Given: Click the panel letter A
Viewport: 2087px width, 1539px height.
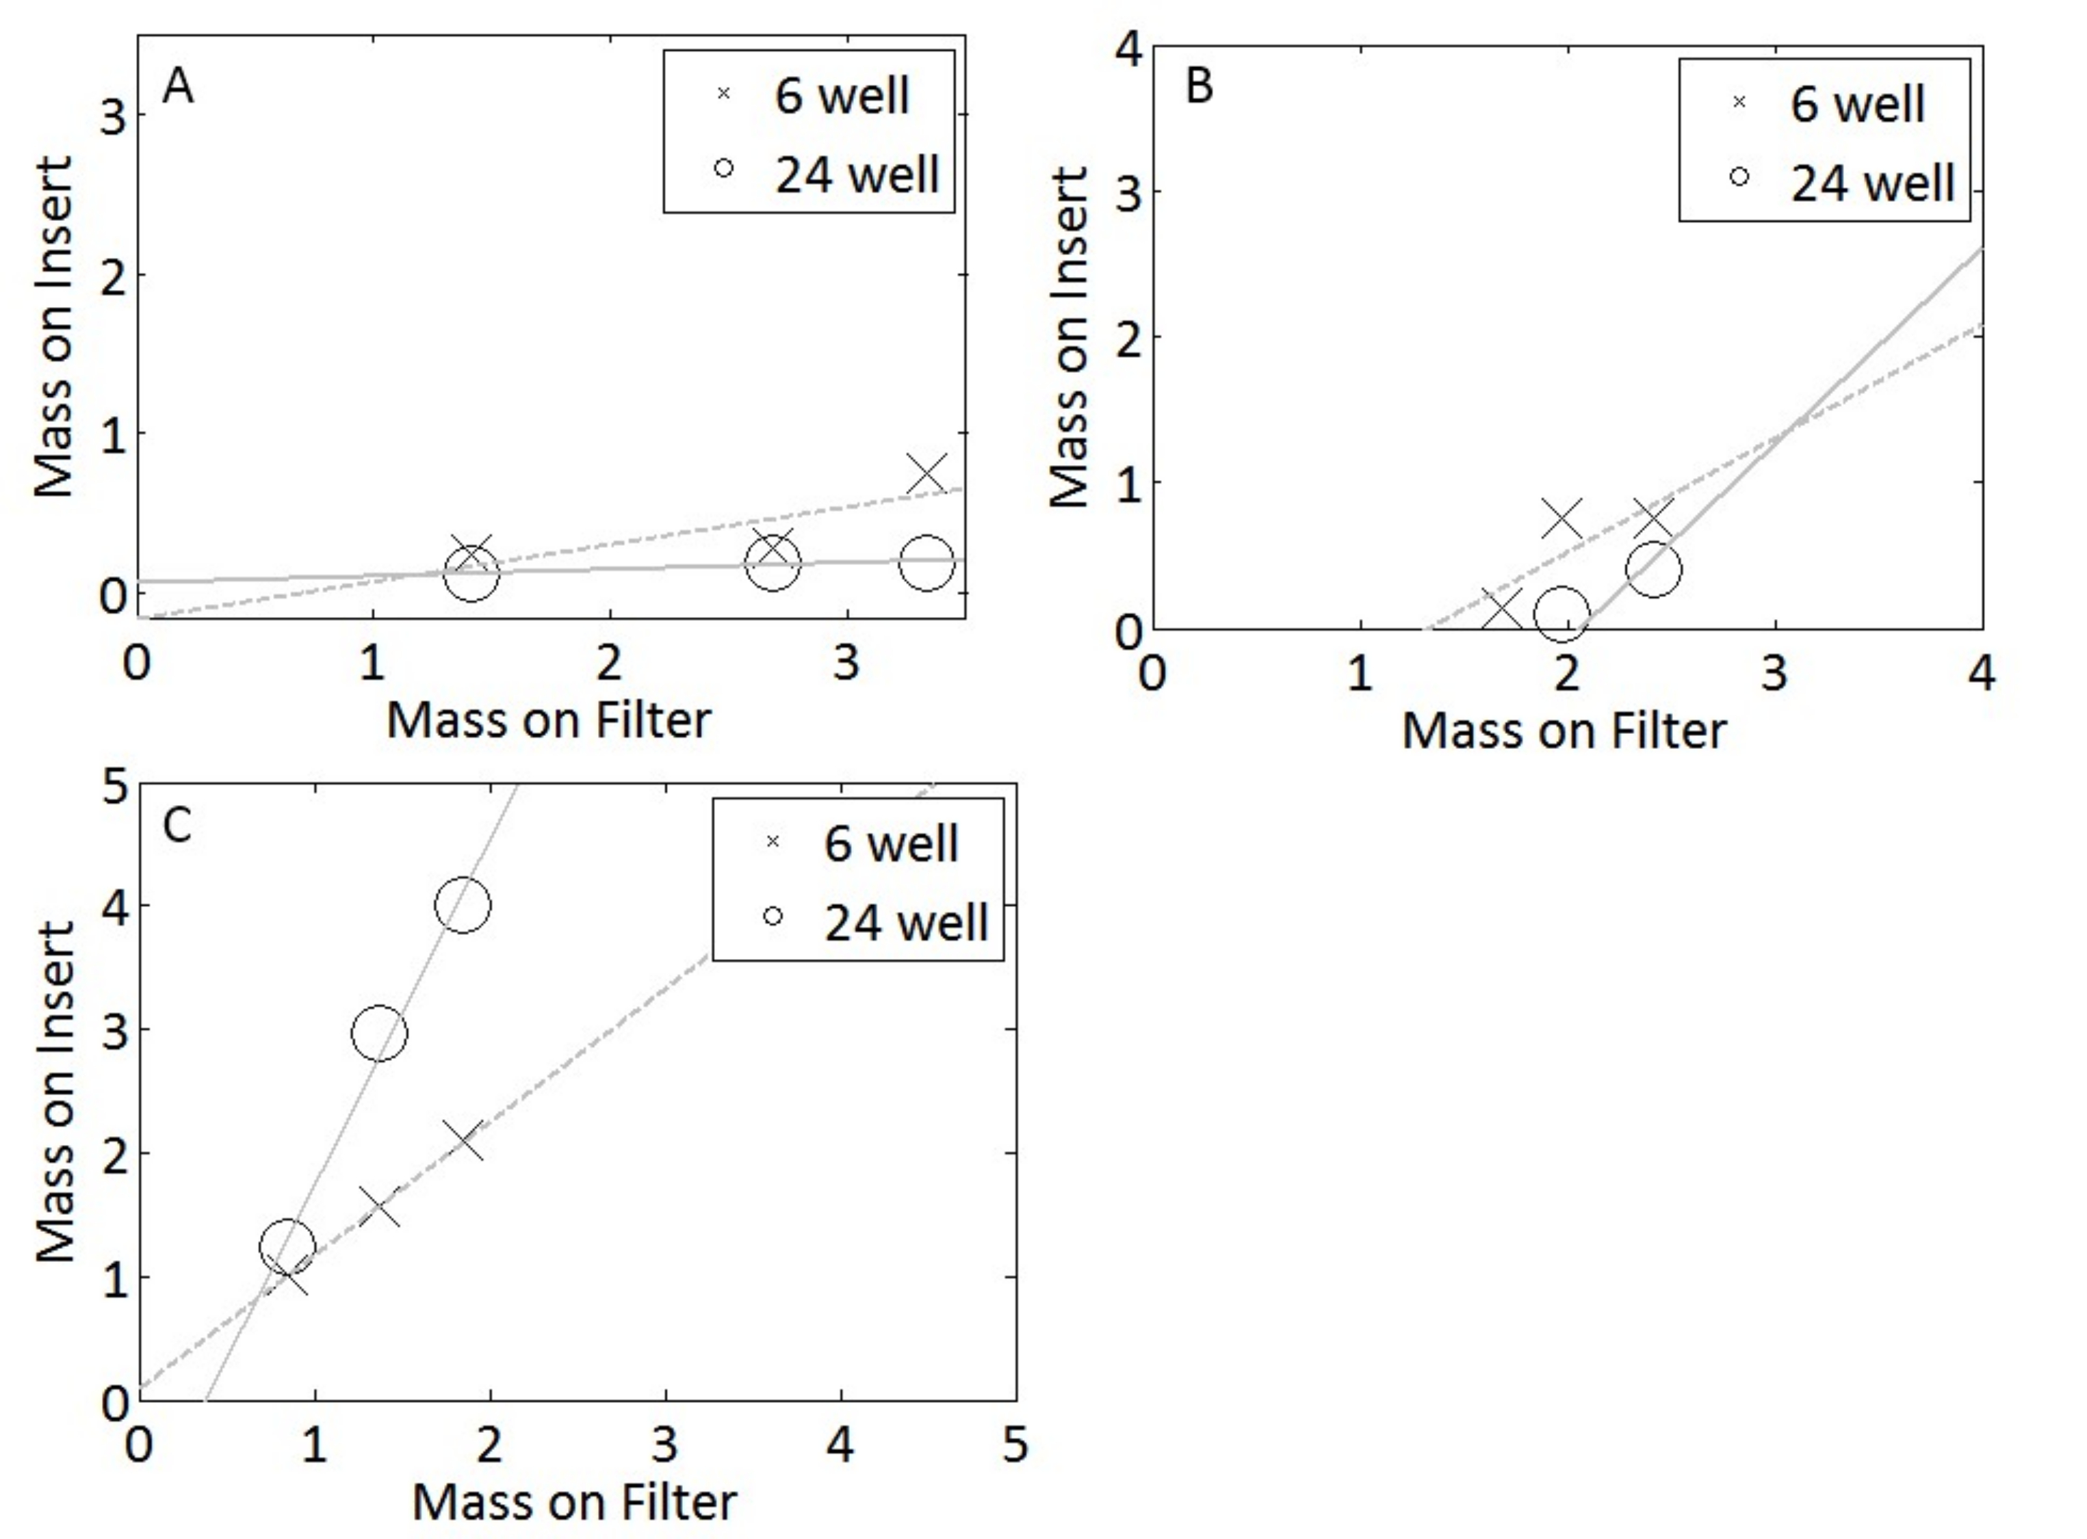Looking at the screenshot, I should click(x=178, y=88).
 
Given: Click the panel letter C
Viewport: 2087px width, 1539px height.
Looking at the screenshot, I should click(x=177, y=824).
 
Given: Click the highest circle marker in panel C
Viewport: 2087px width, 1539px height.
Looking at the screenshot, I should click(x=462, y=904).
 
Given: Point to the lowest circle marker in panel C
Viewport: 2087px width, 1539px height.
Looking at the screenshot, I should click(x=287, y=1245).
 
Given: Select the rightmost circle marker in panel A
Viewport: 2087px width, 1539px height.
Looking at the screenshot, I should click(x=926, y=562).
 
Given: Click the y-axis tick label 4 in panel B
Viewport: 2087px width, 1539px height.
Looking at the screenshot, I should click(x=1129, y=49).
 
